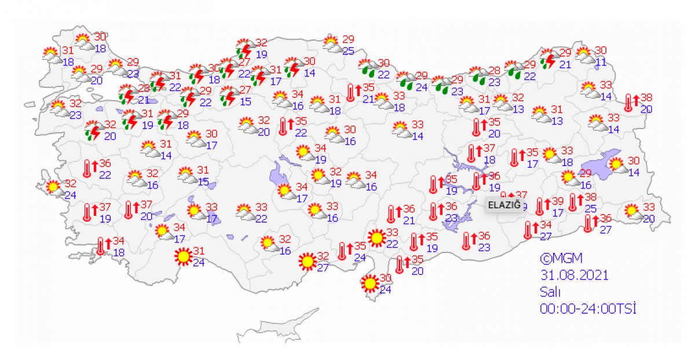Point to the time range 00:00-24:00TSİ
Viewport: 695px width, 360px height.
pos(588,309)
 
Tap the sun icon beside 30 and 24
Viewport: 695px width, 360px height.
pos(369,284)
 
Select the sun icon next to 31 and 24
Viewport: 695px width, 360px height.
pos(183,256)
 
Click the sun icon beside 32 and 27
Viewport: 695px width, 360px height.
pos(307,262)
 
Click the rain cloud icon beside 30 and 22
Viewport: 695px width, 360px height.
pos(367,68)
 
